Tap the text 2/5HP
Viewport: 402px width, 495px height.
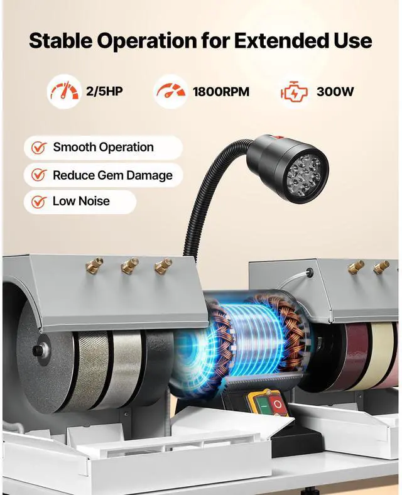[104, 92]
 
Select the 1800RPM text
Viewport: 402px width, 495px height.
[220, 92]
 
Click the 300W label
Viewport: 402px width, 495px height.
[335, 92]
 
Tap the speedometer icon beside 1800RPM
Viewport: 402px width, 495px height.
[170, 92]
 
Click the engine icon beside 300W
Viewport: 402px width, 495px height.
[293, 92]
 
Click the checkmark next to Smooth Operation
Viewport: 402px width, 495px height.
[40, 148]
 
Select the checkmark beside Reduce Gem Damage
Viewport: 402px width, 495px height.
[40, 176]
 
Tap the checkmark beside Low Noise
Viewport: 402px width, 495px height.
[40, 202]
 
